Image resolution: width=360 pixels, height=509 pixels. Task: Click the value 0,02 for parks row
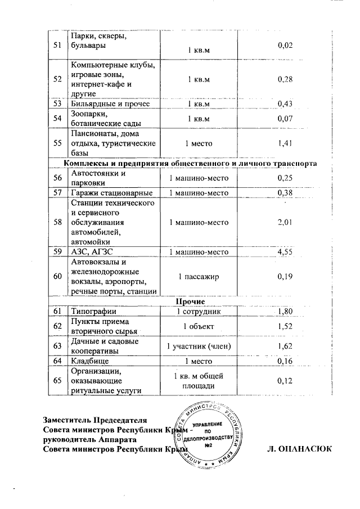[286, 45]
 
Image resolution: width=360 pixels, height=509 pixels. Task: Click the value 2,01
[286, 223]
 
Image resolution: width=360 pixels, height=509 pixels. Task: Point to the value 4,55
[286, 252]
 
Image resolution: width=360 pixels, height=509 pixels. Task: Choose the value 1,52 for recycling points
[286, 326]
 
